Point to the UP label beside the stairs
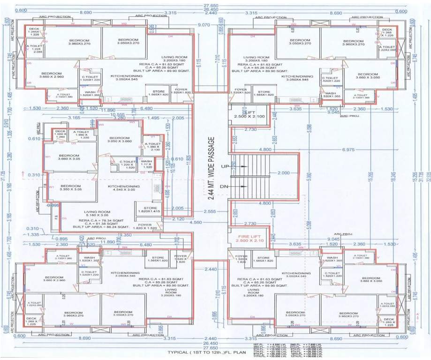(225, 166)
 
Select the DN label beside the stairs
(225, 186)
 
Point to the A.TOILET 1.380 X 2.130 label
(152, 147)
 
